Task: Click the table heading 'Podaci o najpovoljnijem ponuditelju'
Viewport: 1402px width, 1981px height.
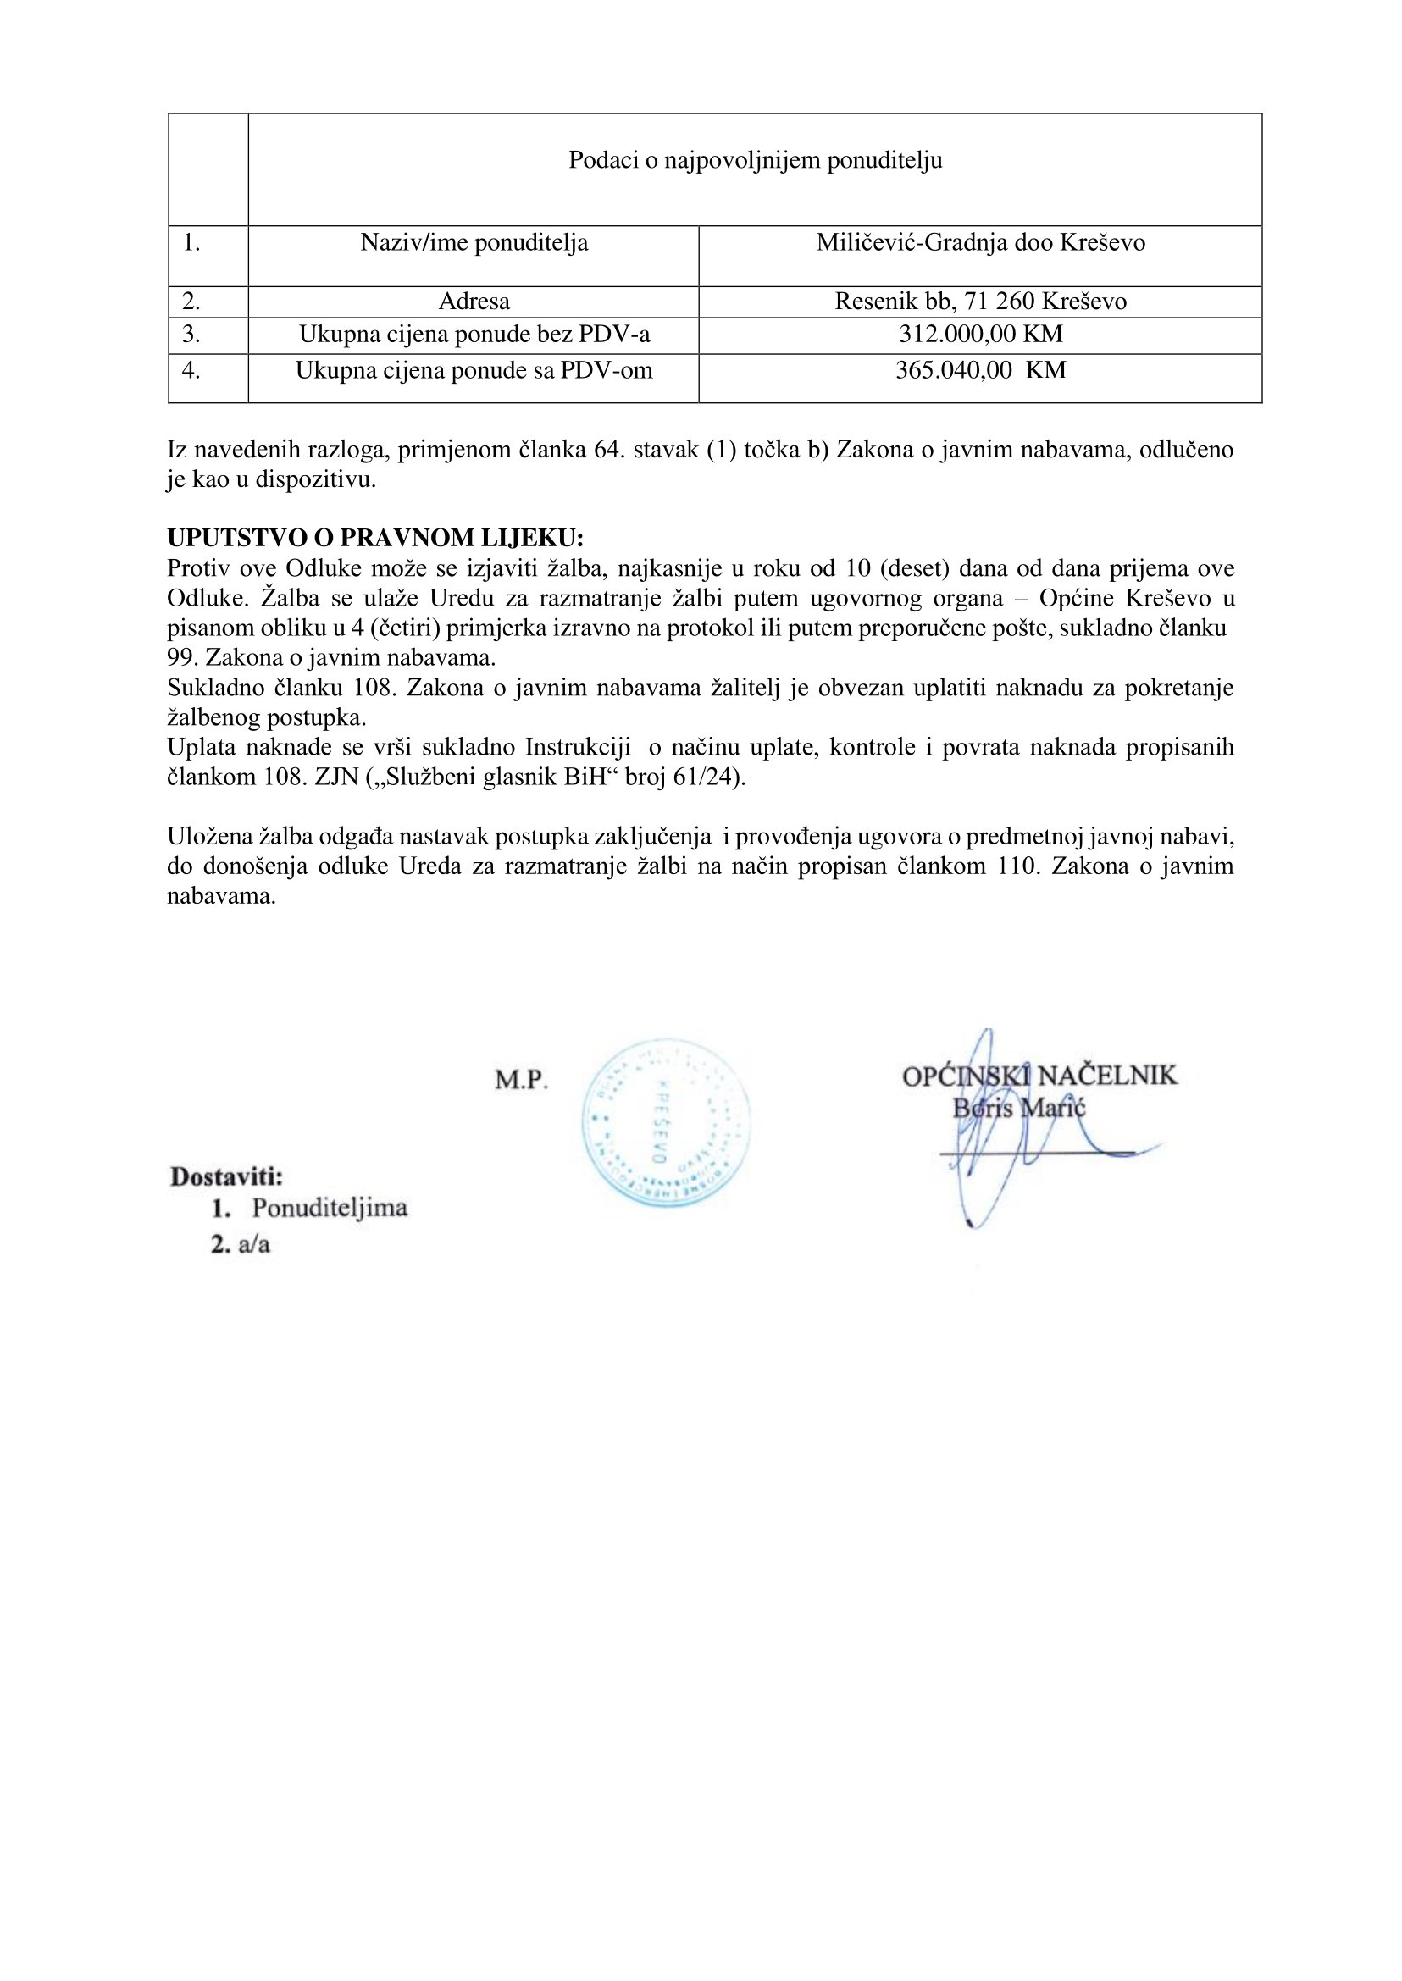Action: pyautogui.click(x=755, y=161)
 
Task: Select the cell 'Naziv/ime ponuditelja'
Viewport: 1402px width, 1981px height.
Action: pyautogui.click(x=474, y=243)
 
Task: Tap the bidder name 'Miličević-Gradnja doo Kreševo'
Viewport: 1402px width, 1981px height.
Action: pyautogui.click(x=981, y=243)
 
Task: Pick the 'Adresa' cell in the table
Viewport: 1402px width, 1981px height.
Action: pyautogui.click(x=474, y=302)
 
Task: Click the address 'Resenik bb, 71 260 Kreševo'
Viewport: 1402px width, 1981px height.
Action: pyautogui.click(x=981, y=302)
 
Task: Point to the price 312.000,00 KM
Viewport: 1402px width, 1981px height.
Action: pyautogui.click(x=981, y=335)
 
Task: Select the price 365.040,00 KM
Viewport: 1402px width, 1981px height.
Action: pyautogui.click(x=981, y=370)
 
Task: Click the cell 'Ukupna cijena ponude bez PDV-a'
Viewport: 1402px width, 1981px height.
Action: pyautogui.click(x=474, y=335)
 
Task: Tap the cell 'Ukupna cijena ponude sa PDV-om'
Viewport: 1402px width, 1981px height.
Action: pyautogui.click(x=474, y=370)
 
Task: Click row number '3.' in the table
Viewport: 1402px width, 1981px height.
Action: pyautogui.click(x=191, y=335)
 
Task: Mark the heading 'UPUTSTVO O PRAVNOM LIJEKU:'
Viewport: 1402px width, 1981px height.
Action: pyautogui.click(x=375, y=538)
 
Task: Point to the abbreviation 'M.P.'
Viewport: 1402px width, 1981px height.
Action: pyautogui.click(x=522, y=1080)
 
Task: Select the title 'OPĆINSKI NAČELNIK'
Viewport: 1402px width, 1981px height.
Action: pyautogui.click(x=1039, y=1076)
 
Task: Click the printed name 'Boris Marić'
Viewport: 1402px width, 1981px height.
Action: pyautogui.click(x=1019, y=1109)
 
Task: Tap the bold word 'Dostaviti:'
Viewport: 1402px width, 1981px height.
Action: pyautogui.click(x=227, y=1176)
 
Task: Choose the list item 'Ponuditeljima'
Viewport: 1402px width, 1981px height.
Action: pyautogui.click(x=330, y=1207)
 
